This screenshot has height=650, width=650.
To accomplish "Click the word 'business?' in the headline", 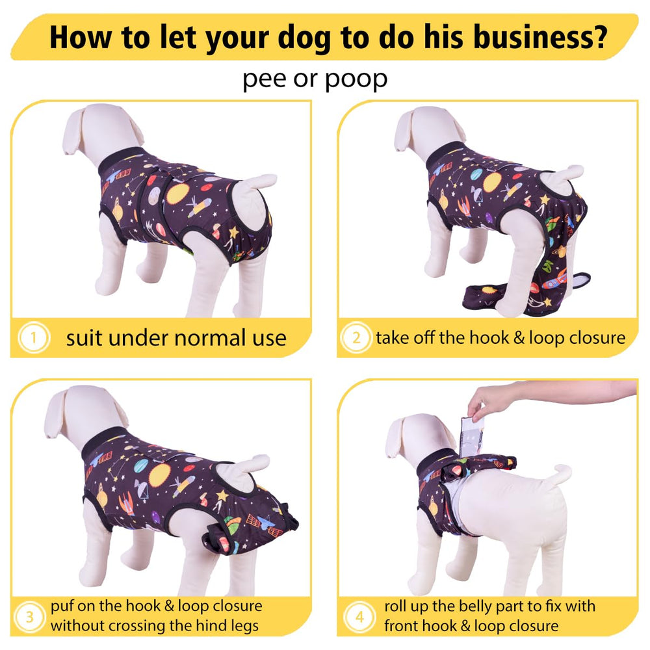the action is [540, 37].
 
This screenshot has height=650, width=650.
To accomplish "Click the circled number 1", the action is [34, 338].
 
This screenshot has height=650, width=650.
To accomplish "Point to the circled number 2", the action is [356, 338].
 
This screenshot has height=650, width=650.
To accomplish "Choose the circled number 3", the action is [29, 617].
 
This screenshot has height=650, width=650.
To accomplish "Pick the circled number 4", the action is [359, 617].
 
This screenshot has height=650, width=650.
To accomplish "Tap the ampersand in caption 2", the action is [519, 338].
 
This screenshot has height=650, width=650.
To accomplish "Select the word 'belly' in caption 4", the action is [487, 607].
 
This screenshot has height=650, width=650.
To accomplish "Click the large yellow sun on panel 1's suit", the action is [177, 194].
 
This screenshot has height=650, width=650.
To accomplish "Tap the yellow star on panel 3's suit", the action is [222, 495].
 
